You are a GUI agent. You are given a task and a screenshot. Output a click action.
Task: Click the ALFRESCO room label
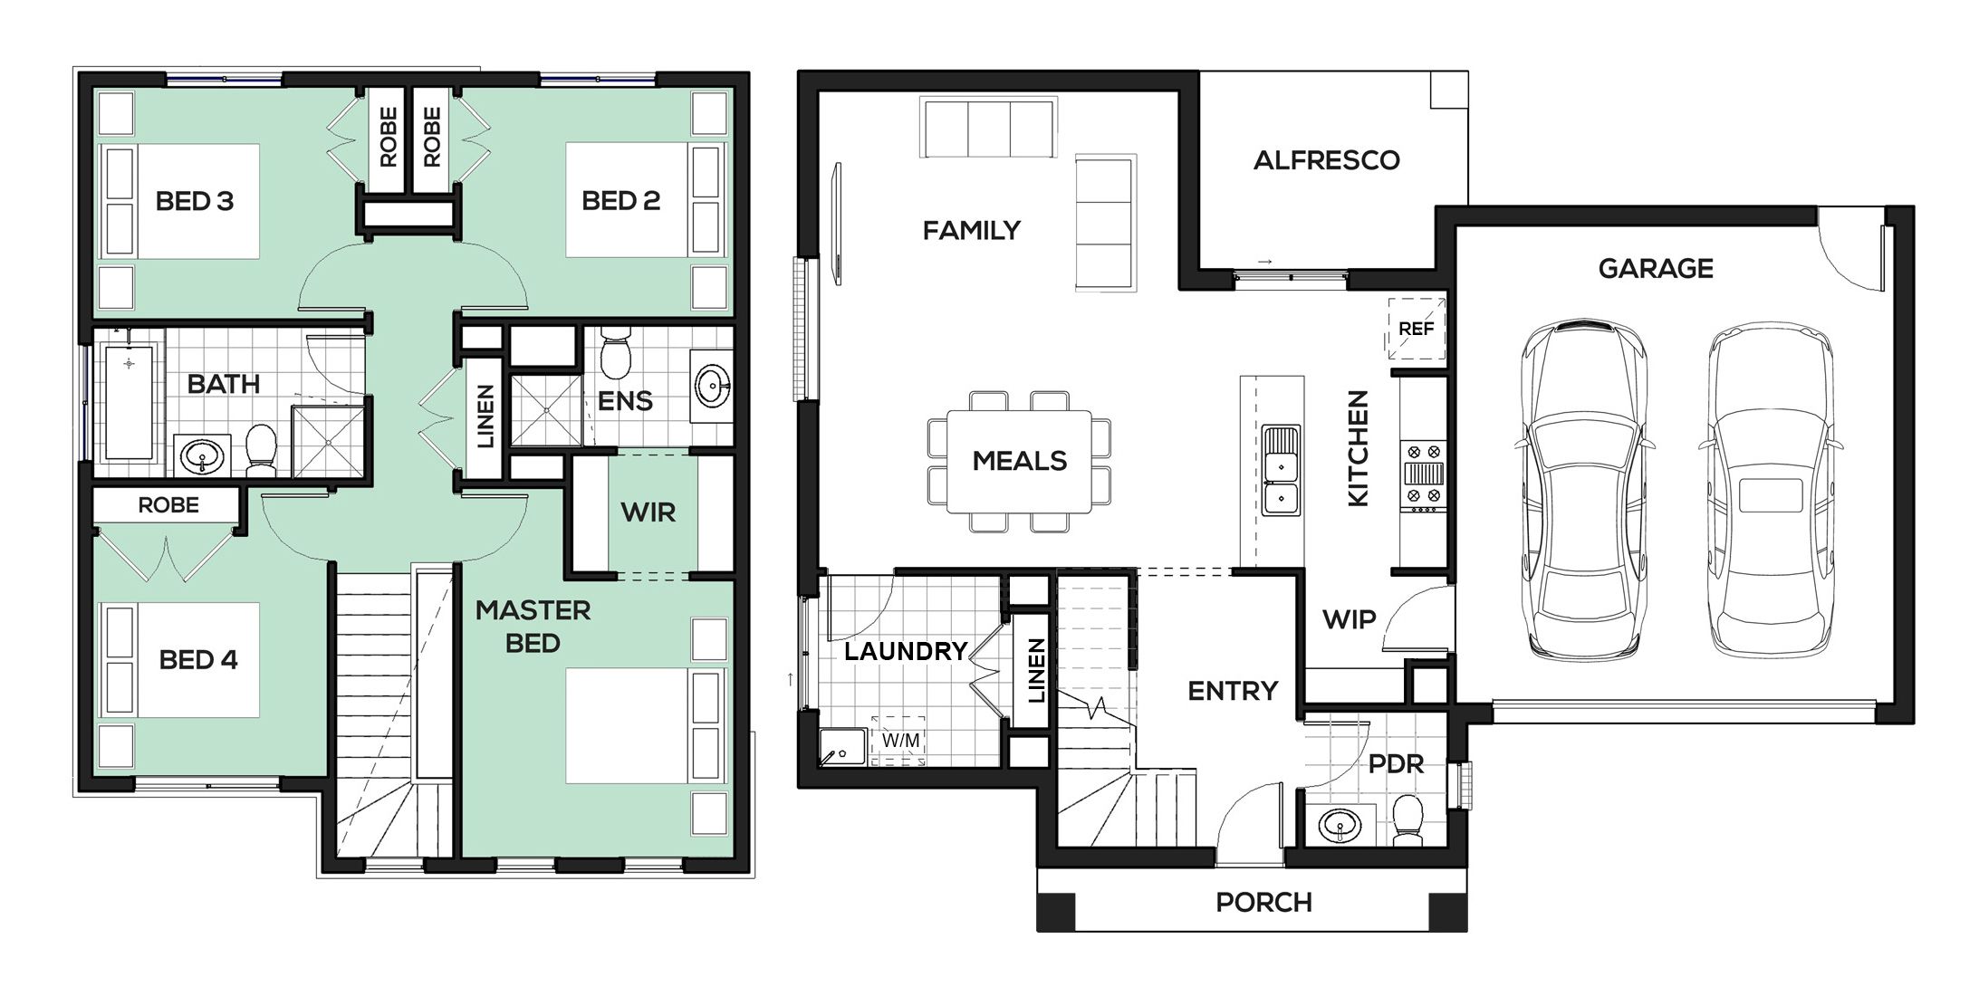[1326, 160]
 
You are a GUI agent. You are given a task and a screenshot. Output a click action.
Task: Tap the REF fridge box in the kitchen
[1417, 329]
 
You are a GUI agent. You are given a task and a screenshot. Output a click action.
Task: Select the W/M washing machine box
[899, 741]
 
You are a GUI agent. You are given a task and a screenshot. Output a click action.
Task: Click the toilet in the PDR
[1407, 819]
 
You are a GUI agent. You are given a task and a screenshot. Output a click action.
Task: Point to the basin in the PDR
[1341, 825]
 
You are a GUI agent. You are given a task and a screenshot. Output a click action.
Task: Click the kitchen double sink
[1281, 470]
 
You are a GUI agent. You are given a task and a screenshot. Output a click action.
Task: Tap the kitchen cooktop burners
[1423, 473]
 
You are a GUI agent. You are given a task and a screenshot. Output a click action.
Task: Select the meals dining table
[1020, 461]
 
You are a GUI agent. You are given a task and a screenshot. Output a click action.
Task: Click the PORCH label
[1263, 903]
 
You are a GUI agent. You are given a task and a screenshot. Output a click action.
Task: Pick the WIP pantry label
[1350, 620]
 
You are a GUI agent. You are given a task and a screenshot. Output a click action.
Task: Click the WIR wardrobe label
[648, 512]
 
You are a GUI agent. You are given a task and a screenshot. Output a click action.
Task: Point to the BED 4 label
[198, 660]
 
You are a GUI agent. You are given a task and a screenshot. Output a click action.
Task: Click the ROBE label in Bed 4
[168, 505]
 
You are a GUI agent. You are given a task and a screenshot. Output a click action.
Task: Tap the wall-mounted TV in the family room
[838, 223]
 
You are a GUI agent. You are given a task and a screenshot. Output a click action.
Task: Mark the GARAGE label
[1656, 269]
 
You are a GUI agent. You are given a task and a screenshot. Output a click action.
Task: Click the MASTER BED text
[533, 627]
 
